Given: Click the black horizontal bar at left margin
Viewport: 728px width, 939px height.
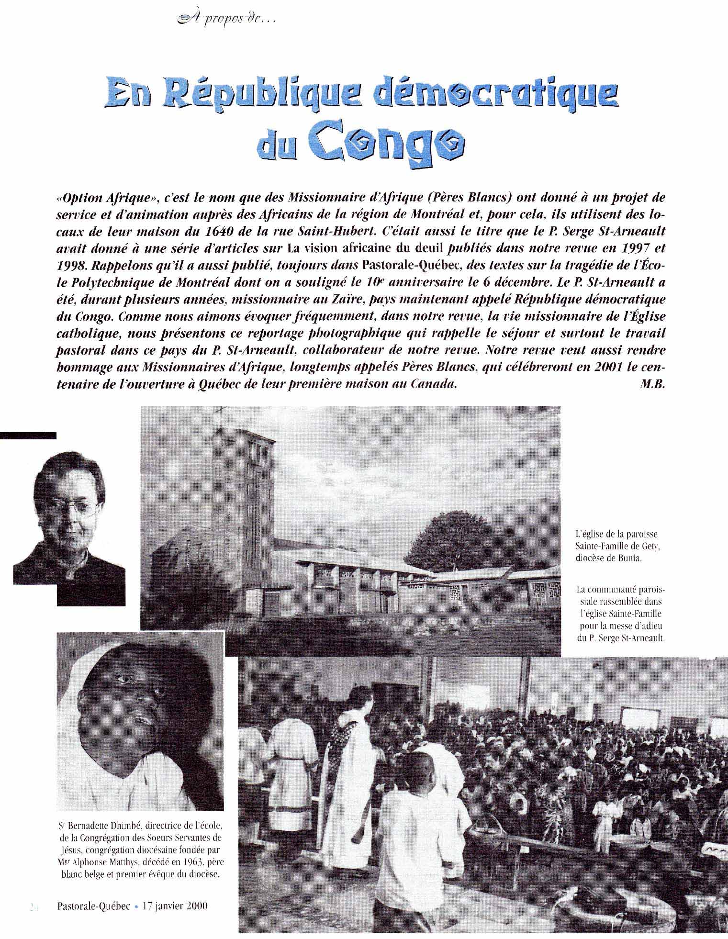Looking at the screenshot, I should tap(28, 435).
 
